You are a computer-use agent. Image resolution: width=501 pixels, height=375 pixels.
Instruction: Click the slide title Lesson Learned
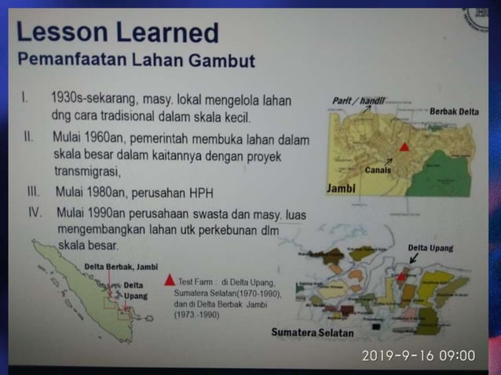click(117, 32)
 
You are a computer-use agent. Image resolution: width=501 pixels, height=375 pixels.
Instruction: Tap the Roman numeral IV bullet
click(35, 212)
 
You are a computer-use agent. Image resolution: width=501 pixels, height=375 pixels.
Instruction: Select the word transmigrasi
click(88, 171)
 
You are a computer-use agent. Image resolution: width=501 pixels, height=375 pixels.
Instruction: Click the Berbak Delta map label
click(454, 112)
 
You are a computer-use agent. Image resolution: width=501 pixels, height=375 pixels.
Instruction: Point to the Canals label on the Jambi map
click(378, 169)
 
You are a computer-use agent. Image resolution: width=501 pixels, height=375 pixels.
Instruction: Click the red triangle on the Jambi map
click(404, 146)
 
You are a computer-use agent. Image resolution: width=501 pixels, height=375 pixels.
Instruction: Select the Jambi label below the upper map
click(341, 189)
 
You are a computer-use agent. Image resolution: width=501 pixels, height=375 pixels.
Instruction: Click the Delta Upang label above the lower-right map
click(430, 248)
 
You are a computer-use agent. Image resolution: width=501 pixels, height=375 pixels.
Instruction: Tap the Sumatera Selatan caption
click(313, 332)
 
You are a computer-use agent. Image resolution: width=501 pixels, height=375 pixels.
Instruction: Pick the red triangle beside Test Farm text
click(170, 279)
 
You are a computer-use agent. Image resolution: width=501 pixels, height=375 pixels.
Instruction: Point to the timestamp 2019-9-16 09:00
click(418, 355)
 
